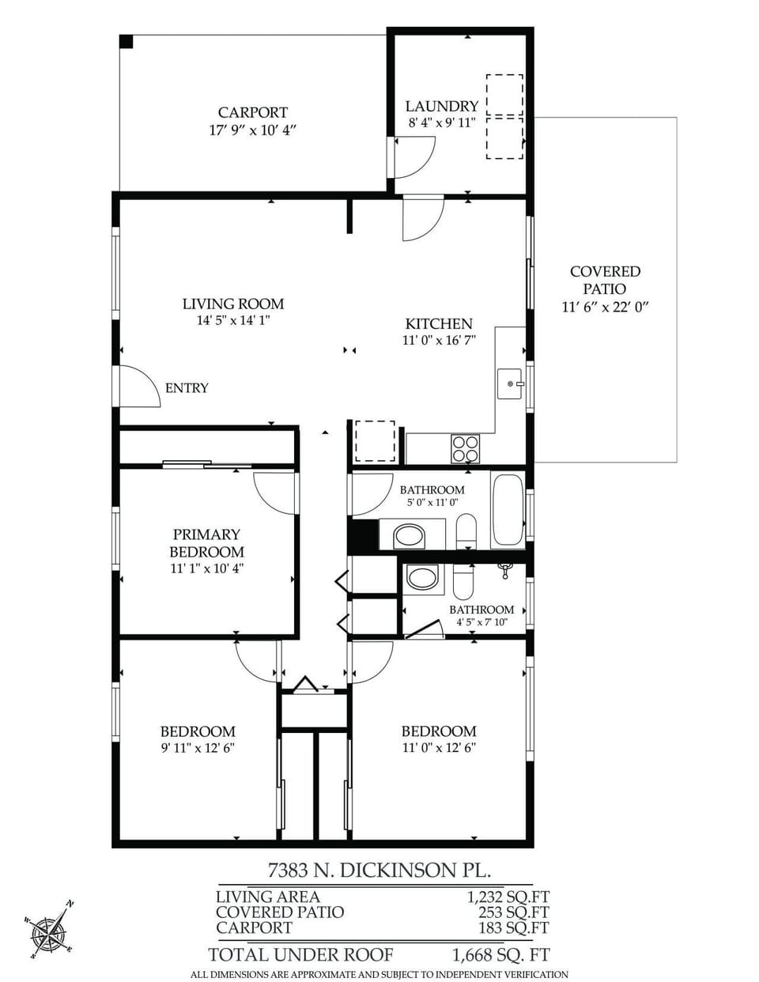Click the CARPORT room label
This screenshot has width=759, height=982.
(x=252, y=112)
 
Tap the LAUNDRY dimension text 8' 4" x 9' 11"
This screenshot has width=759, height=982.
(x=442, y=123)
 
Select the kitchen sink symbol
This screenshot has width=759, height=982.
(x=510, y=383)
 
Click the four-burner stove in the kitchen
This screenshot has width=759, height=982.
(x=465, y=449)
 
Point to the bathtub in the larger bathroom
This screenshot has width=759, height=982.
(x=508, y=510)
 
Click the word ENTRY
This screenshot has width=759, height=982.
(x=187, y=388)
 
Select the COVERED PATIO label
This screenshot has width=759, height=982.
(x=605, y=280)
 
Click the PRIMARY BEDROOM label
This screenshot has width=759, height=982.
(x=206, y=543)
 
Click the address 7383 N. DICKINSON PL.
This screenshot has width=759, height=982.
(x=379, y=871)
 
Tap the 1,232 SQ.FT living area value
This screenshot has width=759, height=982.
(x=508, y=897)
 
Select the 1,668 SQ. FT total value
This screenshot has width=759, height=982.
(x=500, y=954)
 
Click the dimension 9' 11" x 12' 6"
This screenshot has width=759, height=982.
(x=198, y=748)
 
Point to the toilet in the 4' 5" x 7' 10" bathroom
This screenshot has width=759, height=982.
(x=463, y=583)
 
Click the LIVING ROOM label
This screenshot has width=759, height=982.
(x=232, y=304)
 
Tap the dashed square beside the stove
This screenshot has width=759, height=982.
(x=375, y=441)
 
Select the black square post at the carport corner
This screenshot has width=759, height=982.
(x=126, y=41)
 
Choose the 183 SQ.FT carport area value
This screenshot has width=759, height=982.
(x=513, y=927)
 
